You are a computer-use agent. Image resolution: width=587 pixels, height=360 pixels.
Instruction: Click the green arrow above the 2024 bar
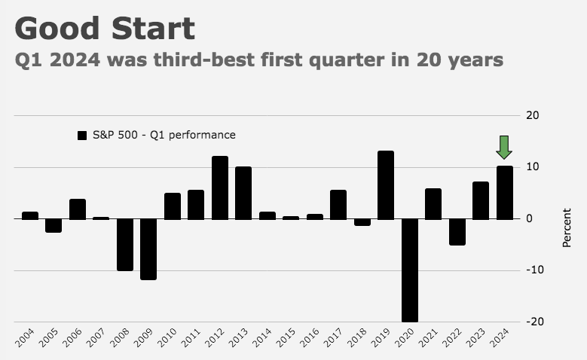(504, 147)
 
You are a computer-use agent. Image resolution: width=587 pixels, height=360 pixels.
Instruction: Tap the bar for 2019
(386, 185)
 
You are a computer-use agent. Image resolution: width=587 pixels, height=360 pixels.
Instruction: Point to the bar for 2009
(148, 249)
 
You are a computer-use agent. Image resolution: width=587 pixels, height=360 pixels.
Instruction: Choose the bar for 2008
(125, 245)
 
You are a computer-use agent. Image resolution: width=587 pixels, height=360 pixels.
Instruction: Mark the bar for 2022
(457, 232)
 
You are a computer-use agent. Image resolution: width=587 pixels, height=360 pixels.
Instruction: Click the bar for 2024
(504, 193)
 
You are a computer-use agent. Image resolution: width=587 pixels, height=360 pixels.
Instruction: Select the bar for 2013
(243, 193)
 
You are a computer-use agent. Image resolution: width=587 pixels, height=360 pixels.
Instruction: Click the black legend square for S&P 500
(83, 136)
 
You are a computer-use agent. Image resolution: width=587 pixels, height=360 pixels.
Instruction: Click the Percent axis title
(567, 228)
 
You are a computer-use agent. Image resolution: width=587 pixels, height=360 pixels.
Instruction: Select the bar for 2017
(338, 204)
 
